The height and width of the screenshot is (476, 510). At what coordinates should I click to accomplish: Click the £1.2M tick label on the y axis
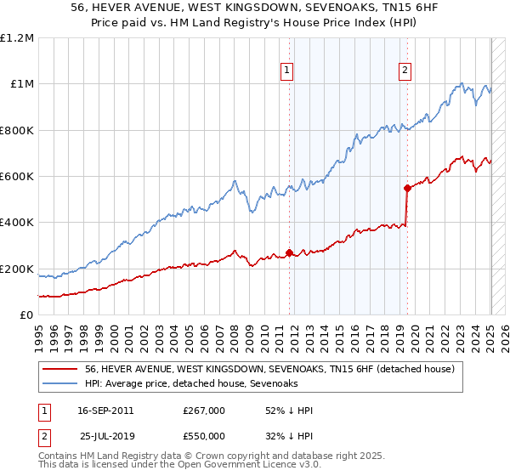pos(17,38)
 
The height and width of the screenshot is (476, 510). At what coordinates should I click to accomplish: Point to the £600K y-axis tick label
pos(17,177)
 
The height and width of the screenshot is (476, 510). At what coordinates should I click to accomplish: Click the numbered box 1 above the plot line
pos(288,71)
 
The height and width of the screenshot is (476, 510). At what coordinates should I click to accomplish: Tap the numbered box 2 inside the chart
pos(405,71)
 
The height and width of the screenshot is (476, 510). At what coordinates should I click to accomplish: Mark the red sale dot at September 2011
pos(289,252)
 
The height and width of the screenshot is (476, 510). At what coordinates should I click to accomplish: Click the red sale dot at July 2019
pos(407,188)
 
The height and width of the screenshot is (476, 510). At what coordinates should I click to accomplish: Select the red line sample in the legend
pos(61,369)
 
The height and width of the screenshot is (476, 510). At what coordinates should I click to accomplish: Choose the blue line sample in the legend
pos(61,383)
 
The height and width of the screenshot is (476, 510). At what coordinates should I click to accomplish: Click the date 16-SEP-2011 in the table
pos(105,411)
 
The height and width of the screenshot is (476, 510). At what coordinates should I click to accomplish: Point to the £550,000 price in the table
pos(204,436)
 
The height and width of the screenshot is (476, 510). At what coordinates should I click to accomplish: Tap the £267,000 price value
pos(204,411)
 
